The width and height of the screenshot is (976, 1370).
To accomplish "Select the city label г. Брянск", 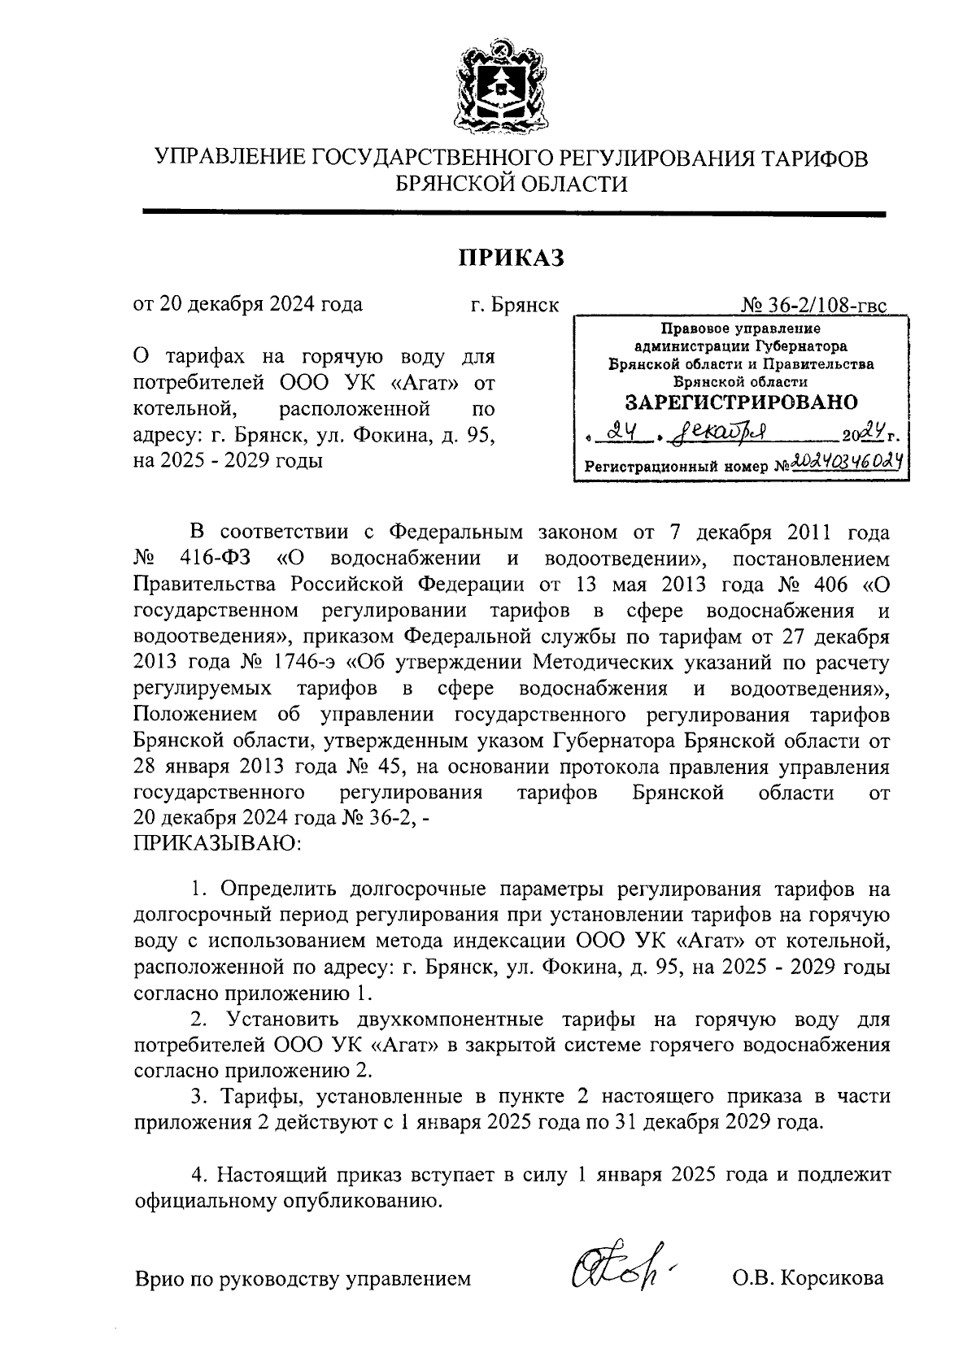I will (x=514, y=305).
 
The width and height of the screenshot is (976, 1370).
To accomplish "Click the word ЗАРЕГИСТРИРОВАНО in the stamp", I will (x=741, y=402).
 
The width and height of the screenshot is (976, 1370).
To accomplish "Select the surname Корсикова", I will (x=831, y=1279).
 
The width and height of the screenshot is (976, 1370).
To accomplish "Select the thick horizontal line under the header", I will (x=513, y=214).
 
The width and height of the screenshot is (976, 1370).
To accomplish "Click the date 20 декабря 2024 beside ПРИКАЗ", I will (x=248, y=305).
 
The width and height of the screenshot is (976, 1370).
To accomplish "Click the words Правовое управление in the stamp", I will (x=741, y=329).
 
